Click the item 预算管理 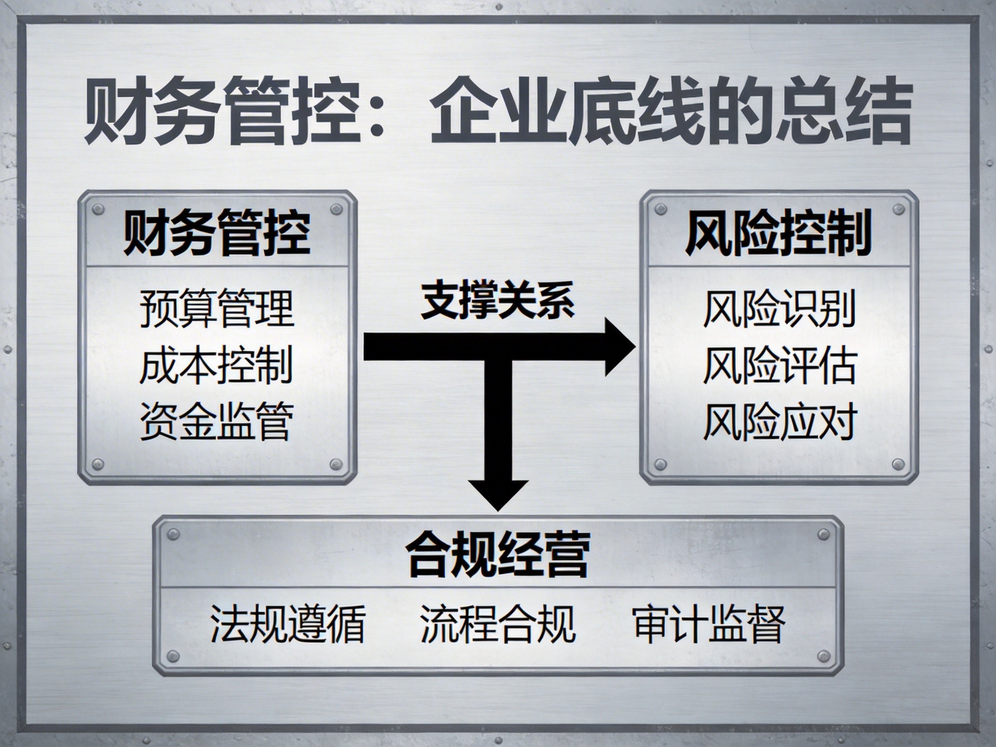pyautogui.click(x=217, y=309)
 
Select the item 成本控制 pyautogui.click(x=217, y=365)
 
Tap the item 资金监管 pyautogui.click(x=217, y=421)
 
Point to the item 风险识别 pyautogui.click(x=779, y=309)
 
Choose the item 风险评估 pyautogui.click(x=779, y=365)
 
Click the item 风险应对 pyautogui.click(x=779, y=421)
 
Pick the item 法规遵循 pyautogui.click(x=287, y=624)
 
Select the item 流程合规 pyautogui.click(x=498, y=624)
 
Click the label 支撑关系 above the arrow pyautogui.click(x=498, y=301)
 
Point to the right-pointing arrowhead pyautogui.click(x=619, y=347)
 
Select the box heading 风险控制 pyautogui.click(x=779, y=233)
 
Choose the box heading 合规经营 pyautogui.click(x=498, y=555)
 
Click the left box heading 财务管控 pyautogui.click(x=217, y=233)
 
